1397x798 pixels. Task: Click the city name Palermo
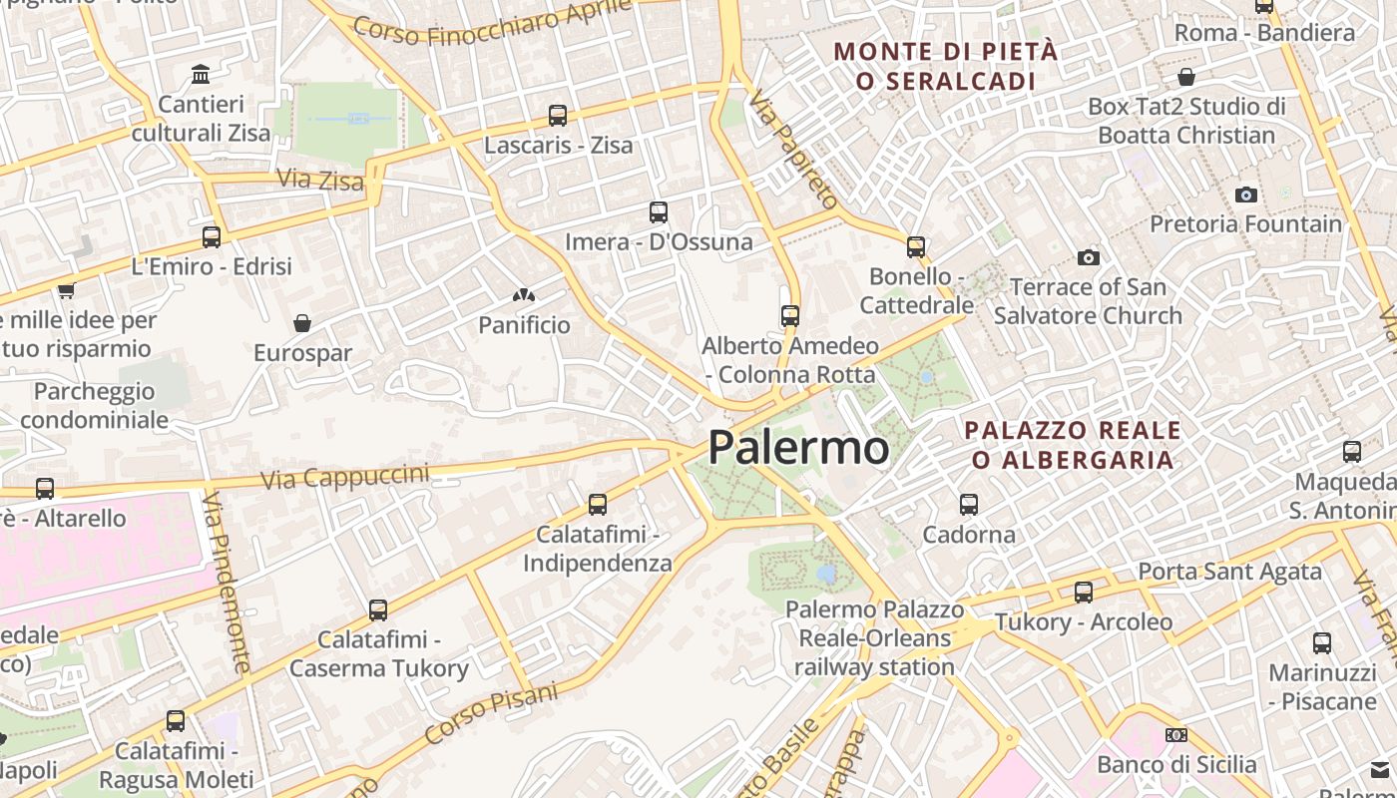click(798, 448)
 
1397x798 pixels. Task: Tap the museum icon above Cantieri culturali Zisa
click(201, 74)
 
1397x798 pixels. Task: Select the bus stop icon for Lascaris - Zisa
click(558, 116)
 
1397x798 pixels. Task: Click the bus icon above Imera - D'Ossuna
click(659, 211)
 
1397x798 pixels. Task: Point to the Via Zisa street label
click(306, 180)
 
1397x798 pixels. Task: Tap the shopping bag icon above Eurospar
click(302, 323)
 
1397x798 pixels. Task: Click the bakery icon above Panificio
click(524, 295)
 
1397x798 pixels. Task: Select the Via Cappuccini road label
click(344, 477)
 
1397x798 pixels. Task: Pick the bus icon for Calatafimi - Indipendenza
click(598, 505)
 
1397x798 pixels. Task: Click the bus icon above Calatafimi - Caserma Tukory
click(378, 609)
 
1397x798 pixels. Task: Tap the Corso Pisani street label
click(491, 712)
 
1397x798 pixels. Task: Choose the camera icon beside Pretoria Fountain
click(1245, 195)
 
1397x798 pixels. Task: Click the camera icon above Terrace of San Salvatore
click(1089, 257)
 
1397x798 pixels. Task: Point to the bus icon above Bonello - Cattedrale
click(916, 246)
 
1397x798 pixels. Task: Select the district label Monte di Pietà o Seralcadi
click(945, 66)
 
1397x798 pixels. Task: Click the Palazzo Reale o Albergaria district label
click(1073, 445)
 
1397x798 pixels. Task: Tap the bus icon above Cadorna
click(969, 504)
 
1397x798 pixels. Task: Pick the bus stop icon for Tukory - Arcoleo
click(1084, 593)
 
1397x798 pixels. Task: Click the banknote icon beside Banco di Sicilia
click(1176, 735)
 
